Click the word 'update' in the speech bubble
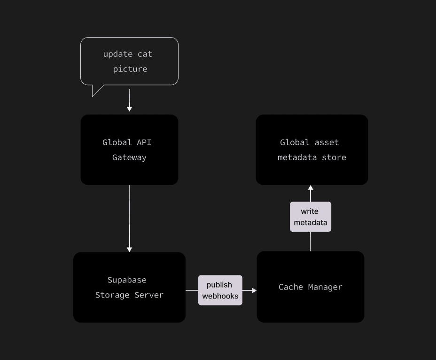(118, 54)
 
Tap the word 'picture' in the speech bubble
(130, 69)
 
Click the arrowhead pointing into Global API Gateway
(129, 109)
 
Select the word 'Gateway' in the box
(129, 157)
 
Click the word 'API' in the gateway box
(144, 142)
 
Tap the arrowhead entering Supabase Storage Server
(129, 249)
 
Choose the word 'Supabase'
(127, 280)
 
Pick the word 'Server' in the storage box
(149, 295)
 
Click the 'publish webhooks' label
(220, 290)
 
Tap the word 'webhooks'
(220, 296)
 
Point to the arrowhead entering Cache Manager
(254, 290)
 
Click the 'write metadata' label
(310, 217)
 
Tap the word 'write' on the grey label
(310, 211)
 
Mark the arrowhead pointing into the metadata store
(311, 188)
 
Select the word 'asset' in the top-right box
(327, 142)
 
